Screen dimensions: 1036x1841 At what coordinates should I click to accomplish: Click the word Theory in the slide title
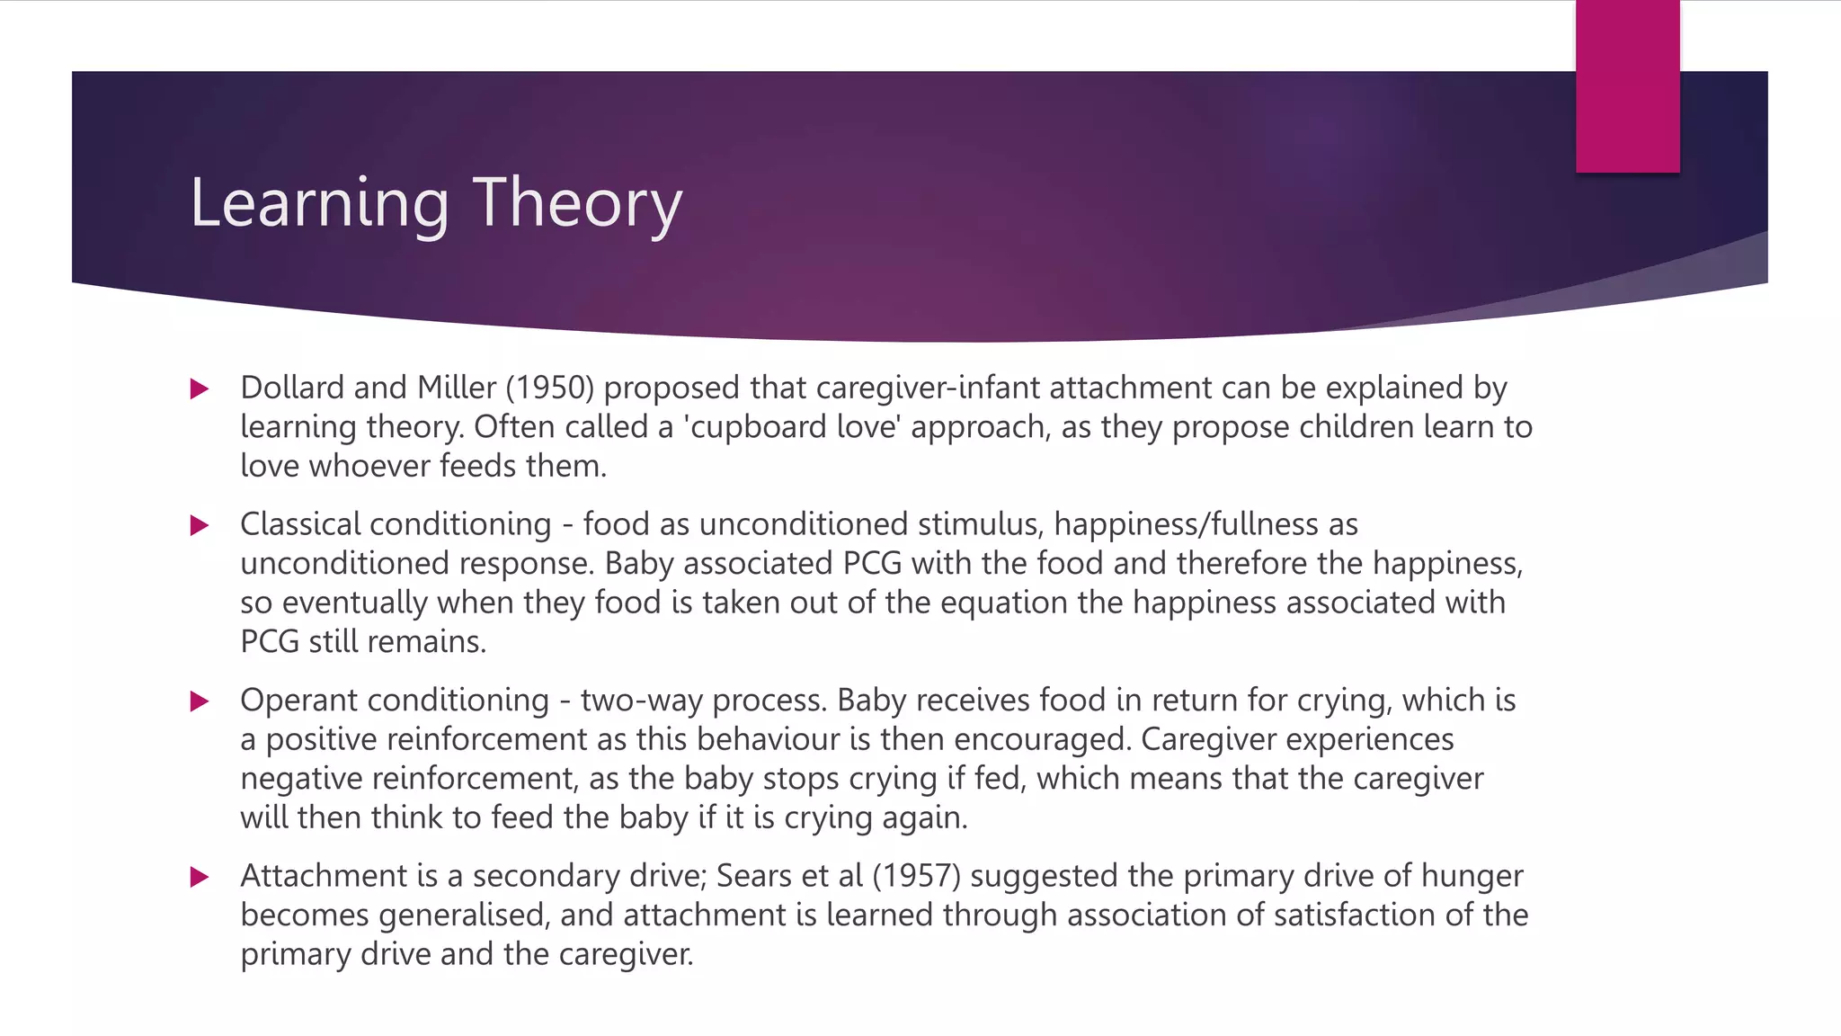click(577, 203)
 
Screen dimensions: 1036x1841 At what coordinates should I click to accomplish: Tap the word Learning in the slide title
click(319, 203)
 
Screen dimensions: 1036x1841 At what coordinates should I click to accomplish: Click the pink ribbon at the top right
click(1627, 85)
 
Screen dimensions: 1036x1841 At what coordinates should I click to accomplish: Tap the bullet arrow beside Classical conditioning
click(200, 525)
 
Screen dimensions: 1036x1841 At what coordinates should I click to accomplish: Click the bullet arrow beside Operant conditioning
click(200, 701)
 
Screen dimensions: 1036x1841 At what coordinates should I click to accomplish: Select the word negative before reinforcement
click(301, 779)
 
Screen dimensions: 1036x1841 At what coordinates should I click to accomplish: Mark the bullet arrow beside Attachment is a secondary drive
click(200, 877)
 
